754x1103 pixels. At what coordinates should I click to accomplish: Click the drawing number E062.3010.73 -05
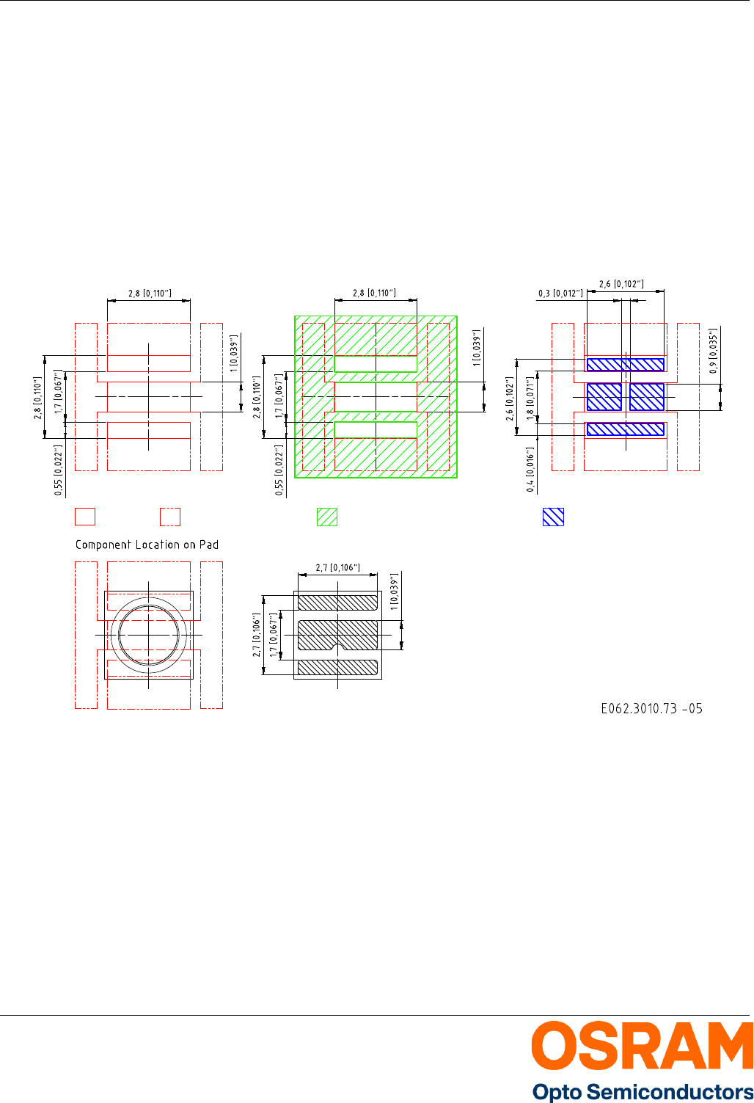click(x=651, y=709)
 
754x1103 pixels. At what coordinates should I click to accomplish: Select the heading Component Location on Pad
click(x=147, y=545)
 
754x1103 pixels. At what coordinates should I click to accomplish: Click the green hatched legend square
click(x=327, y=517)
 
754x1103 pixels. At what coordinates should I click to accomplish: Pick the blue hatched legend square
click(x=553, y=517)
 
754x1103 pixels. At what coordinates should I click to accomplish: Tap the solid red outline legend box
click(x=84, y=517)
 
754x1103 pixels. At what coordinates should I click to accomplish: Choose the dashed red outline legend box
click(x=170, y=517)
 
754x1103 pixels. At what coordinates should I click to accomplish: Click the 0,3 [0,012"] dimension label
click(x=560, y=294)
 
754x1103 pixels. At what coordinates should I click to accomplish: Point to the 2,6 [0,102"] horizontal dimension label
click(x=621, y=284)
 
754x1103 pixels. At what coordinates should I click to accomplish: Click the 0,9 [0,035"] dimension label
click(x=713, y=351)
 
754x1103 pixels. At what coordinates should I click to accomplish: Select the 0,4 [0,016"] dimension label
click(x=530, y=470)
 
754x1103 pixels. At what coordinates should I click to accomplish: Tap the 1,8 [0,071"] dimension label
click(x=530, y=399)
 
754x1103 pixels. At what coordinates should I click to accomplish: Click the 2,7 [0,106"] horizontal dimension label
click(x=337, y=568)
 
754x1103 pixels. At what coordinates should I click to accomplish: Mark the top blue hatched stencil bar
click(x=626, y=365)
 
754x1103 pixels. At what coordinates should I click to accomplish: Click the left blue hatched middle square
click(x=604, y=397)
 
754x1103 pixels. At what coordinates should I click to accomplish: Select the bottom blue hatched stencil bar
click(x=626, y=429)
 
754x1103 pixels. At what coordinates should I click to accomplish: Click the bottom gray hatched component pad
click(x=337, y=667)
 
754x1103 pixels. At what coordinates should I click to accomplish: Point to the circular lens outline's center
click(x=149, y=636)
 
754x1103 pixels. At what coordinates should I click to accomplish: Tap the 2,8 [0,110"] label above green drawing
click(x=374, y=293)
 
